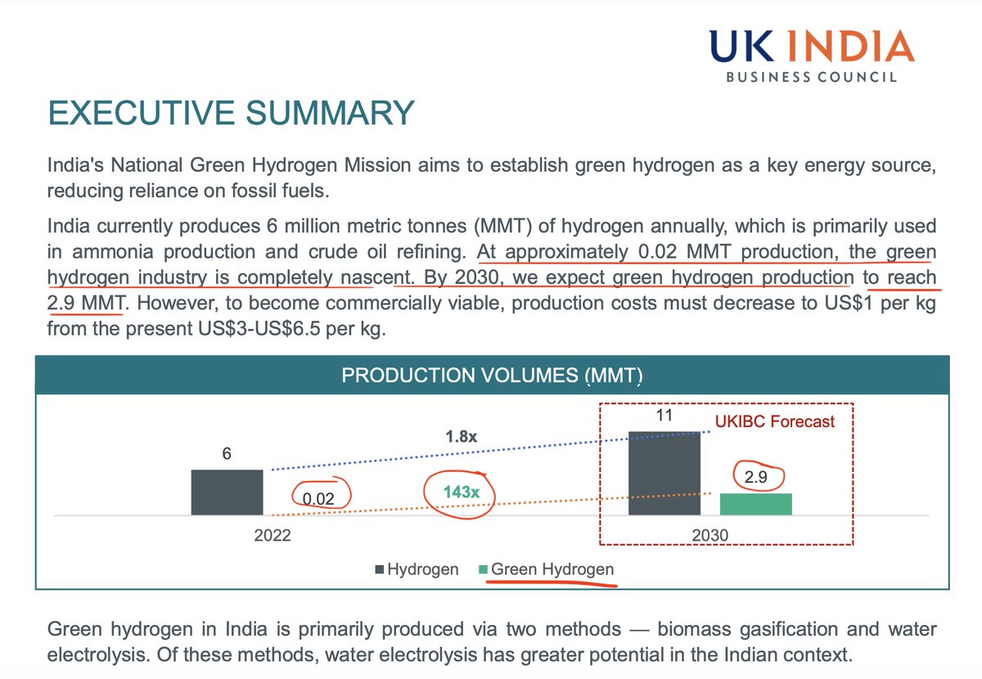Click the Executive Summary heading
[231, 113]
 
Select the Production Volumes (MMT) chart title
[492, 375]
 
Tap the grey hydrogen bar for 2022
[227, 492]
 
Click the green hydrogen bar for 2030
[755, 504]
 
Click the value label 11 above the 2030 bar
[664, 416]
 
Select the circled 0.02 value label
[320, 497]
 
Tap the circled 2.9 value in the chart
[755, 476]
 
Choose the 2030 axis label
[709, 537]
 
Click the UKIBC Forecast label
[775, 422]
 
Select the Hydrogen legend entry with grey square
[417, 569]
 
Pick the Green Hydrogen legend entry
[546, 569]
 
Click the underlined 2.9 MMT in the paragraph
[85, 304]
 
